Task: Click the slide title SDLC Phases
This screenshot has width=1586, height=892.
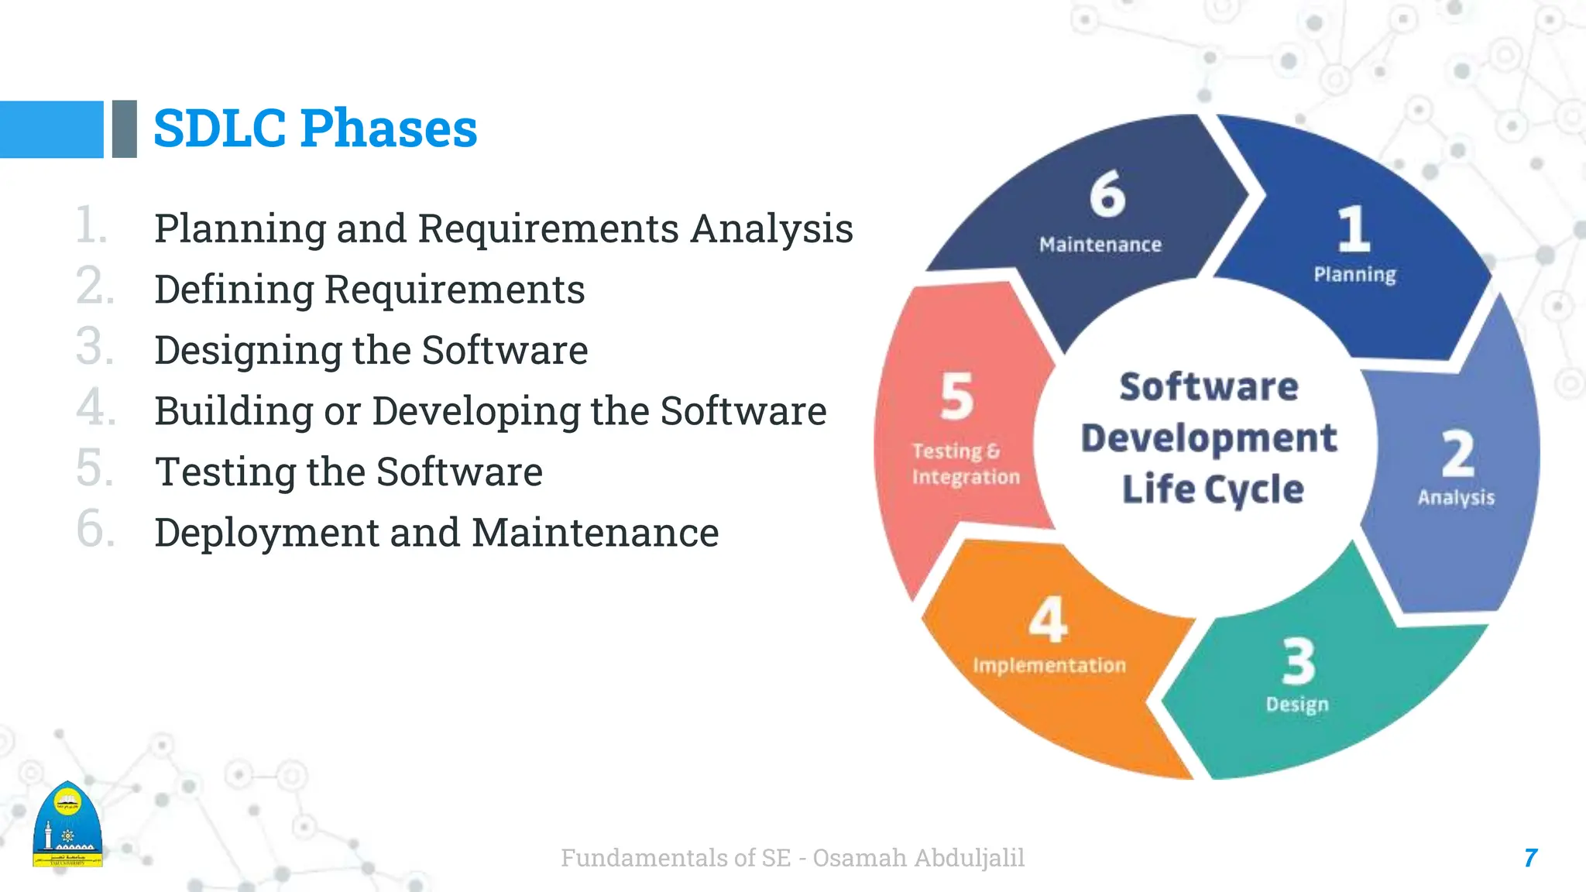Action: pyautogui.click(x=315, y=129)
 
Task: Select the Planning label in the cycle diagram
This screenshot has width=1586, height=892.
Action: pyautogui.click(x=1354, y=274)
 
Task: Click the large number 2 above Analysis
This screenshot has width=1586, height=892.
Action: pyautogui.click(x=1457, y=455)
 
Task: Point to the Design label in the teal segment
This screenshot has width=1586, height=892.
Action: pyautogui.click(x=1297, y=704)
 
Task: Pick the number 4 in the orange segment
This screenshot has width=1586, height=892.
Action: pyautogui.click(x=1049, y=619)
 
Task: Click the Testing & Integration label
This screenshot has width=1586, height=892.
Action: pyautogui.click(x=965, y=464)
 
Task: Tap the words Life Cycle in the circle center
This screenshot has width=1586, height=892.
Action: pyautogui.click(x=1213, y=489)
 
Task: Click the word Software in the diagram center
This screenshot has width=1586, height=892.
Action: pyautogui.click(x=1209, y=386)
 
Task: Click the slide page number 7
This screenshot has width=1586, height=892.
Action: pyautogui.click(x=1530, y=858)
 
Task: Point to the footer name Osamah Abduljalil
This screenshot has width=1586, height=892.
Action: pyautogui.click(x=918, y=858)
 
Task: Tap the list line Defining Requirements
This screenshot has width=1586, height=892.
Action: pyautogui.click(x=369, y=290)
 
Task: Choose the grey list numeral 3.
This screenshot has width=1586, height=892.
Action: pyautogui.click(x=94, y=346)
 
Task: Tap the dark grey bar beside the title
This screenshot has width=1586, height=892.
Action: pyautogui.click(x=124, y=129)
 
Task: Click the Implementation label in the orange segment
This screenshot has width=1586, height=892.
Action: pyautogui.click(x=1049, y=665)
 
